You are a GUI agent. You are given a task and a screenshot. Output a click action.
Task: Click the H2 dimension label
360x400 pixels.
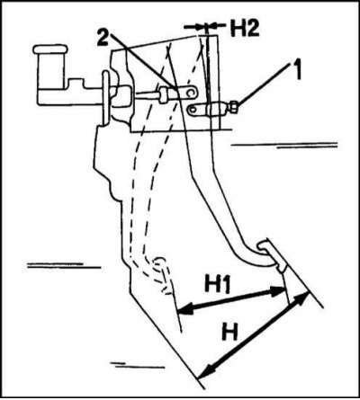(x=245, y=29)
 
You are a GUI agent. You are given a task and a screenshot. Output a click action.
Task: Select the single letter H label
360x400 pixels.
(x=230, y=332)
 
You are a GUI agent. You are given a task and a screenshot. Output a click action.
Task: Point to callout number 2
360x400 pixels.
(x=103, y=38)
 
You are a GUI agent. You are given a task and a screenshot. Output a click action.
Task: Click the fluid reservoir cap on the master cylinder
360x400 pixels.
(x=50, y=49)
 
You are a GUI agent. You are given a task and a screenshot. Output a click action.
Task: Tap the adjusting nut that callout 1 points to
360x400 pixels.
(x=234, y=107)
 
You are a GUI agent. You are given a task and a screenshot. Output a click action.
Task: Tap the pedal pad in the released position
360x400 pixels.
(x=273, y=255)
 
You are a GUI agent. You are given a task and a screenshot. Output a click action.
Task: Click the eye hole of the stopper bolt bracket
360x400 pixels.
(x=192, y=110)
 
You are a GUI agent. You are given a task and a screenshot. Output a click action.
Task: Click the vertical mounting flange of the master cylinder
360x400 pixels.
(x=105, y=98)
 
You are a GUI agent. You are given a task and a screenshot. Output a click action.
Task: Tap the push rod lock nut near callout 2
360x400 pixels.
(x=164, y=95)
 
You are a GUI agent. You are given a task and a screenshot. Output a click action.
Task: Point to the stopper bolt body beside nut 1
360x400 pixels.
(x=218, y=109)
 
